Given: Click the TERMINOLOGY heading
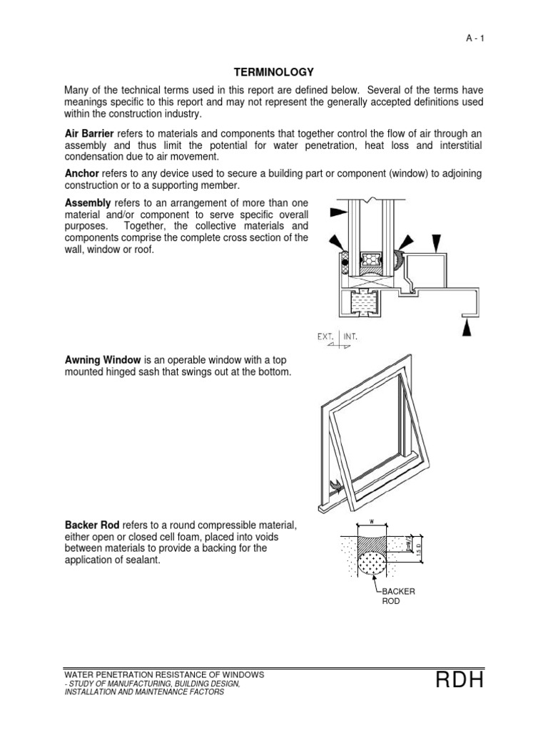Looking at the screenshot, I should pyautogui.click(x=274, y=72).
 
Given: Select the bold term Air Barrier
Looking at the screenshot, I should pyautogui.click(x=89, y=133).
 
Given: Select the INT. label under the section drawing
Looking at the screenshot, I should pyautogui.click(x=350, y=335).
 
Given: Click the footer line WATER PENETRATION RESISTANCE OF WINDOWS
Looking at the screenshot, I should pyautogui.click(x=164, y=674).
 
